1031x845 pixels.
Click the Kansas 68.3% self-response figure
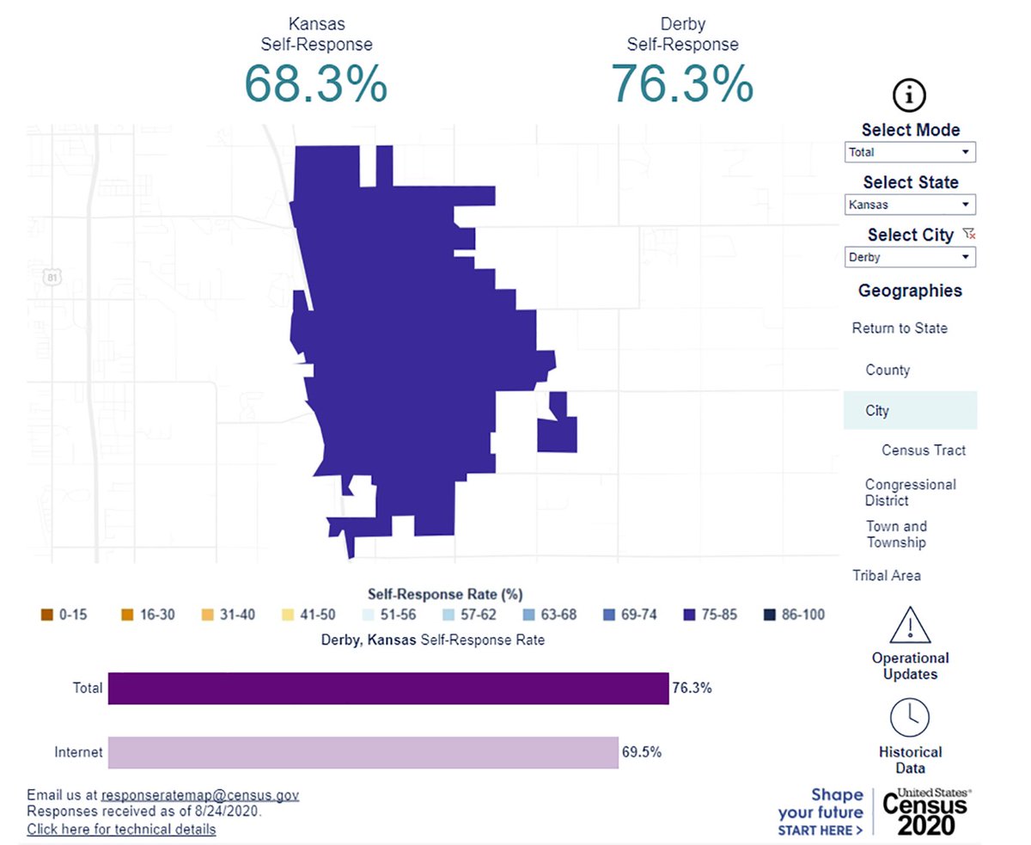[x=316, y=84]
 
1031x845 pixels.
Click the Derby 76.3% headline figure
[x=682, y=84]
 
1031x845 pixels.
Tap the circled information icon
[x=910, y=95]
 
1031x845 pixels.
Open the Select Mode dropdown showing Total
[x=910, y=152]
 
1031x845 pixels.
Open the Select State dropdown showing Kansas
[x=910, y=205]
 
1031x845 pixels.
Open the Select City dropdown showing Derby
[x=910, y=257]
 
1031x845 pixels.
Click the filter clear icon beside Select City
[x=969, y=234]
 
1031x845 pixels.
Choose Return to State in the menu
[x=900, y=328]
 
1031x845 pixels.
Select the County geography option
[x=887, y=370]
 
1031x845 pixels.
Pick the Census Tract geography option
[x=923, y=450]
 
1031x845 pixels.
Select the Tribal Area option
[x=886, y=575]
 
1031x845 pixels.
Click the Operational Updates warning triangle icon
[x=910, y=625]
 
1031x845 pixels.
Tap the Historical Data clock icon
[x=910, y=717]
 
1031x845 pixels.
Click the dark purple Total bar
[x=387, y=689]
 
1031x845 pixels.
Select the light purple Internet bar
[x=363, y=752]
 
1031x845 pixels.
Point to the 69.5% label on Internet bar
[x=641, y=752]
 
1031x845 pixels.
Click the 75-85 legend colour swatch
[x=689, y=615]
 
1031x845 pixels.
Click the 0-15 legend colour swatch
[x=46, y=615]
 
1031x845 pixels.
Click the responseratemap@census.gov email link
[x=199, y=796]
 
